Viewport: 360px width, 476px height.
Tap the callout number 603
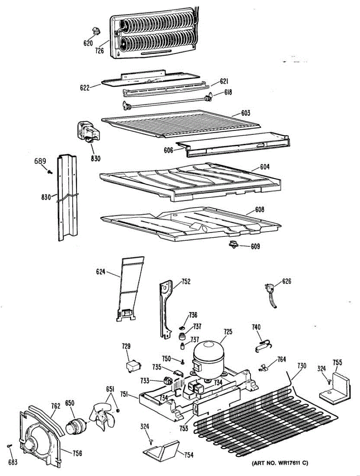[246, 113]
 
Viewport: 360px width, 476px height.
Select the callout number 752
[186, 282]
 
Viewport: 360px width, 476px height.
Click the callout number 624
[101, 272]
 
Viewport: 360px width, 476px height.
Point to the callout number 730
[301, 365]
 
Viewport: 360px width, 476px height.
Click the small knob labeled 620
[95, 31]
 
